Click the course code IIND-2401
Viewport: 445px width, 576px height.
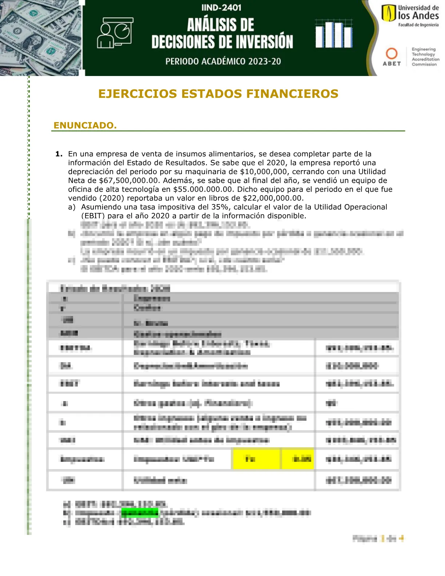(x=221, y=8)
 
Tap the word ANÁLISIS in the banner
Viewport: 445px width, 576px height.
(x=220, y=25)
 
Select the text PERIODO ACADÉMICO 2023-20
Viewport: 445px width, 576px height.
(x=223, y=61)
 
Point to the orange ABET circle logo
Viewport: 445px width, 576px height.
(x=391, y=53)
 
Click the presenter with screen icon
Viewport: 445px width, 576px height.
(x=115, y=33)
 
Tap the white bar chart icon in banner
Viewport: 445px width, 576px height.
(x=333, y=34)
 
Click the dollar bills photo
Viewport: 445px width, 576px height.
(x=41, y=38)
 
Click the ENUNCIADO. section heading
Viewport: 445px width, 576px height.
(x=85, y=125)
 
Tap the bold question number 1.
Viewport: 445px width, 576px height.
(x=59, y=154)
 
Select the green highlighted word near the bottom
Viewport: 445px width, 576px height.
(x=140, y=513)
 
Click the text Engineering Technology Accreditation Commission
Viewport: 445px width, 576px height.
(x=425, y=57)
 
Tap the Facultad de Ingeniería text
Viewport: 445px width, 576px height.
(x=418, y=25)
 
